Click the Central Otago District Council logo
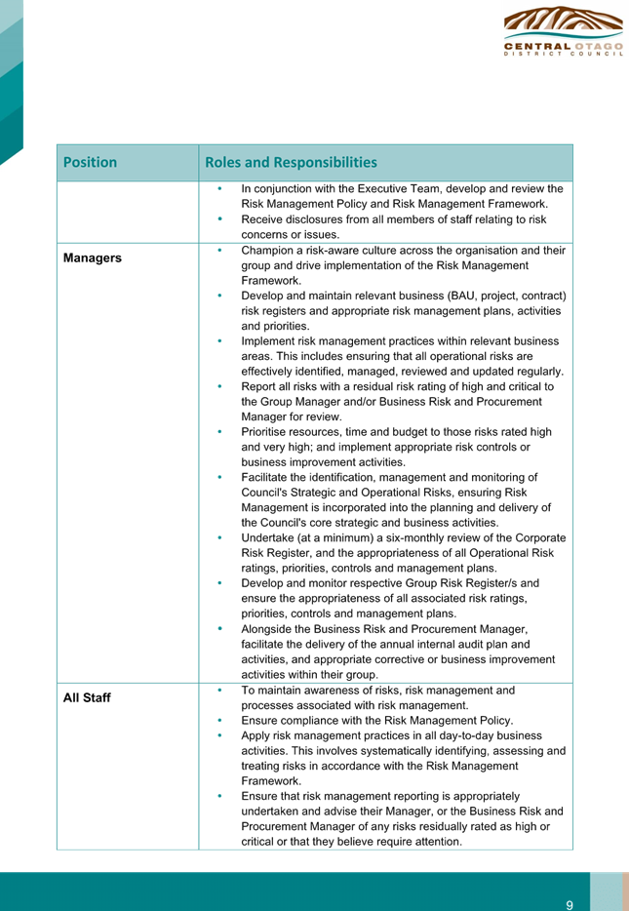tap(563, 31)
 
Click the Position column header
tap(90, 162)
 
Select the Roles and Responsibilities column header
tap(291, 162)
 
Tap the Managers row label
tap(93, 257)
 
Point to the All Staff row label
tap(87, 697)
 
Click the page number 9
tap(570, 905)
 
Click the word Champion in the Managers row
tap(265, 251)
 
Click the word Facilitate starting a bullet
tap(264, 478)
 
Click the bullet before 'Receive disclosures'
tap(219, 219)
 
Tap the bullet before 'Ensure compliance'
tap(219, 721)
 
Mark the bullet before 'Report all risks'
tap(219, 386)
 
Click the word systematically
tap(364, 751)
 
